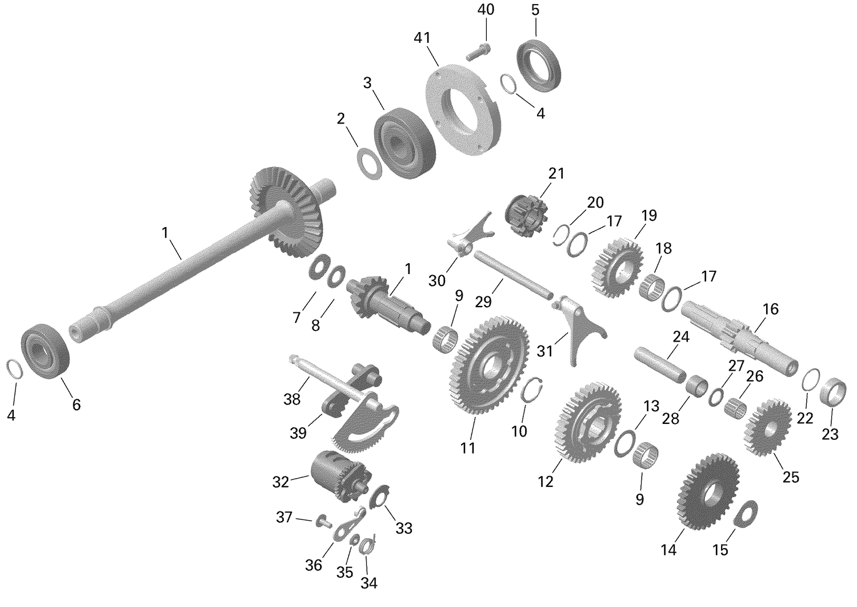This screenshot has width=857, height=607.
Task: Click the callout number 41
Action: [422, 38]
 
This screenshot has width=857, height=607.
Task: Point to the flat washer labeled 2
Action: [369, 163]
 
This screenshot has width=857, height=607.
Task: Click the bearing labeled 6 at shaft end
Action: [45, 351]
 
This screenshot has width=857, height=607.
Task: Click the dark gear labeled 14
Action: [707, 493]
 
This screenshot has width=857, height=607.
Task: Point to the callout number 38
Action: [292, 399]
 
